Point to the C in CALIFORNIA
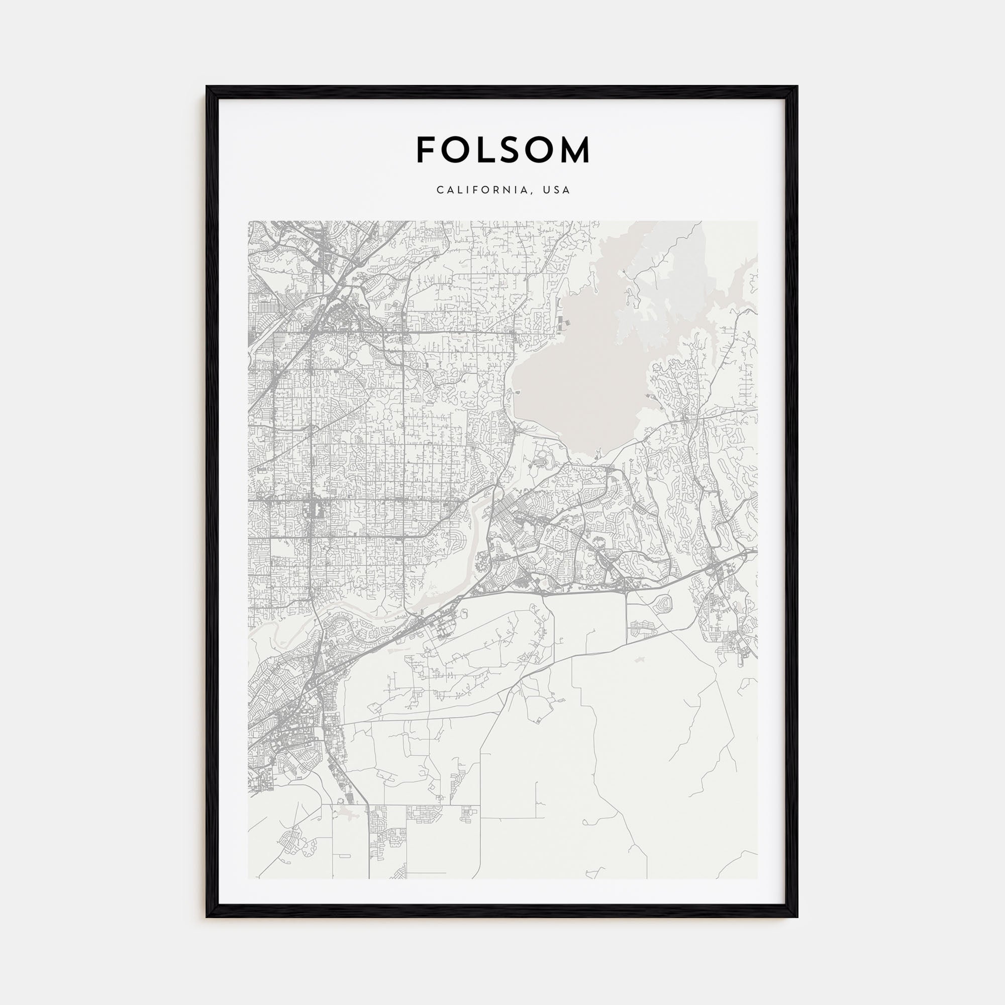tap(440, 190)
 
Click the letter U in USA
tap(546, 190)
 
